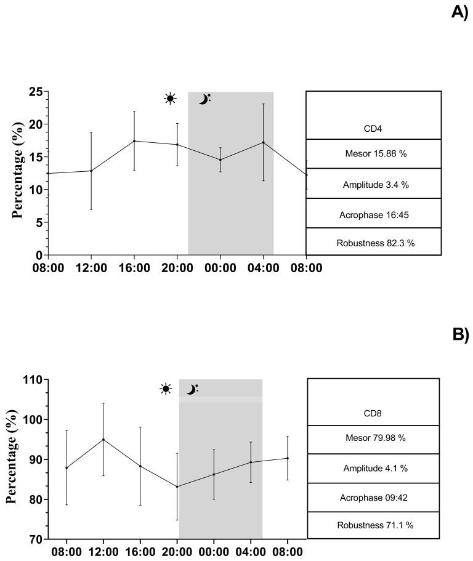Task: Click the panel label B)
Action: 461,334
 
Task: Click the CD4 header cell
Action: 373,129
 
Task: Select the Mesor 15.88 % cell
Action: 373,154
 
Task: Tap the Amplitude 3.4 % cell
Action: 373,184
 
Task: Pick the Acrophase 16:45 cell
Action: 373,213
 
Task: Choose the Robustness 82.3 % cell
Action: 373,242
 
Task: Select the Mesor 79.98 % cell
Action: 373,440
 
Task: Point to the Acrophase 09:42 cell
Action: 373,498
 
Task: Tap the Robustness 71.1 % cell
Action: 373,525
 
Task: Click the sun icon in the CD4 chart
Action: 170,99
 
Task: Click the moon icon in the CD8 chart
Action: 192,389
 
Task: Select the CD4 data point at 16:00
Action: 134,141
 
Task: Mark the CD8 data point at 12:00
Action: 103,440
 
